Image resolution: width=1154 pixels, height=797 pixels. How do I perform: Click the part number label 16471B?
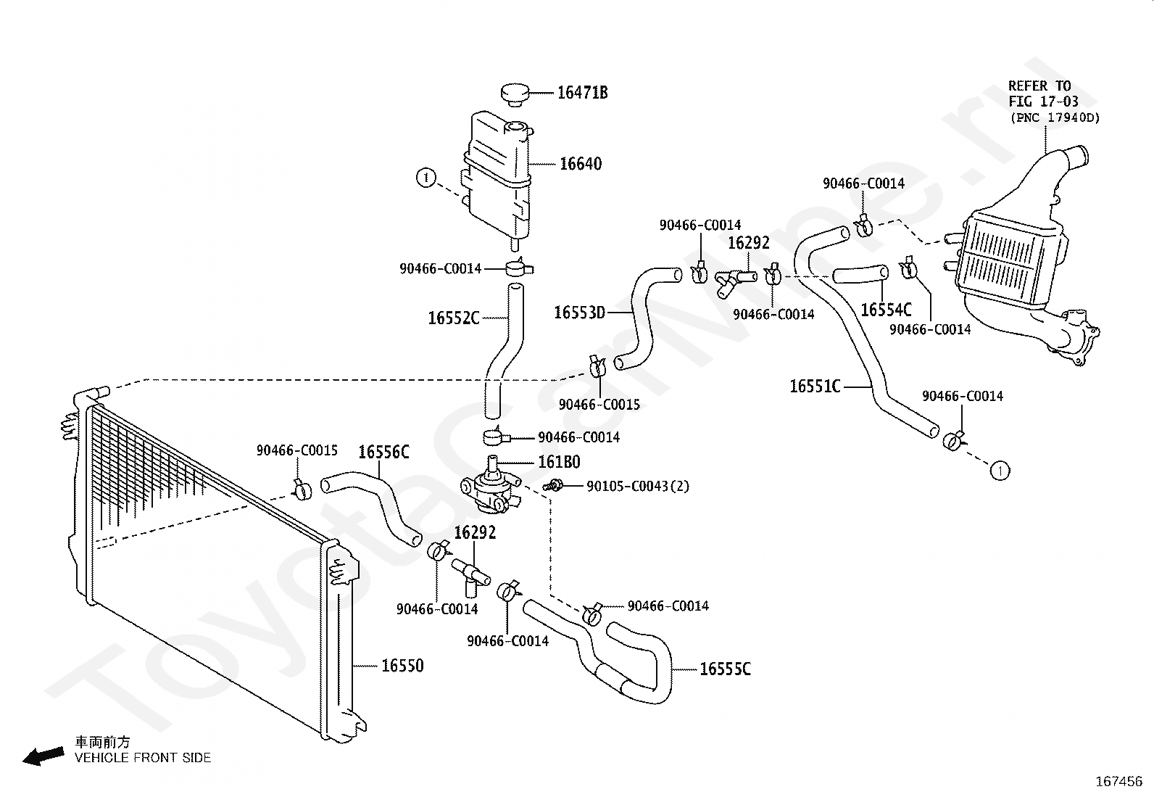(582, 93)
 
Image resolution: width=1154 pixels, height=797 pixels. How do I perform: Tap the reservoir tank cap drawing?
(515, 95)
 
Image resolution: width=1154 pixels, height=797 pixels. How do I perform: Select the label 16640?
(581, 164)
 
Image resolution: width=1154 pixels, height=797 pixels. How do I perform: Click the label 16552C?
(453, 318)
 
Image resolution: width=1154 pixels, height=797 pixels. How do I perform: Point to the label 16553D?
(580, 313)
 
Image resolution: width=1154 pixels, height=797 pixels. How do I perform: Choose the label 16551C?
(815, 386)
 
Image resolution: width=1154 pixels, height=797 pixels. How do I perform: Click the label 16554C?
(886, 310)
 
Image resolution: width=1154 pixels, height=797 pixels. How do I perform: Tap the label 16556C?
(383, 452)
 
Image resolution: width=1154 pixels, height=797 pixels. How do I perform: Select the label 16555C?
(726, 669)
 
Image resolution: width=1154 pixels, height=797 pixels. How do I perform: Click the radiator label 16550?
(402, 666)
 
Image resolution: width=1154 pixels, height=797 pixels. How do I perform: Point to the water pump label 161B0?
(559, 462)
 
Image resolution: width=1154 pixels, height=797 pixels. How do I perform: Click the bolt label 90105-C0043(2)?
(638, 486)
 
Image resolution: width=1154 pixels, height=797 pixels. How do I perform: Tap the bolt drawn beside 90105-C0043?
(553, 486)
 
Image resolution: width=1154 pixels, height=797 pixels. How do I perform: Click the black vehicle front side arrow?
(43, 756)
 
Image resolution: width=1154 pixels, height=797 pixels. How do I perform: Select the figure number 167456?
(1119, 782)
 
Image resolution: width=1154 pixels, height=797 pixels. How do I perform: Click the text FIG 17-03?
(1043, 102)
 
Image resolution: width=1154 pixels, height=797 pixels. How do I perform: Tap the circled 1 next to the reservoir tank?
(426, 178)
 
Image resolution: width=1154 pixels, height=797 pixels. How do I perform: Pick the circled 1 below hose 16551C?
(1000, 471)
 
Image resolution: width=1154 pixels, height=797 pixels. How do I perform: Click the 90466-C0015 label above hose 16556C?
(297, 450)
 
